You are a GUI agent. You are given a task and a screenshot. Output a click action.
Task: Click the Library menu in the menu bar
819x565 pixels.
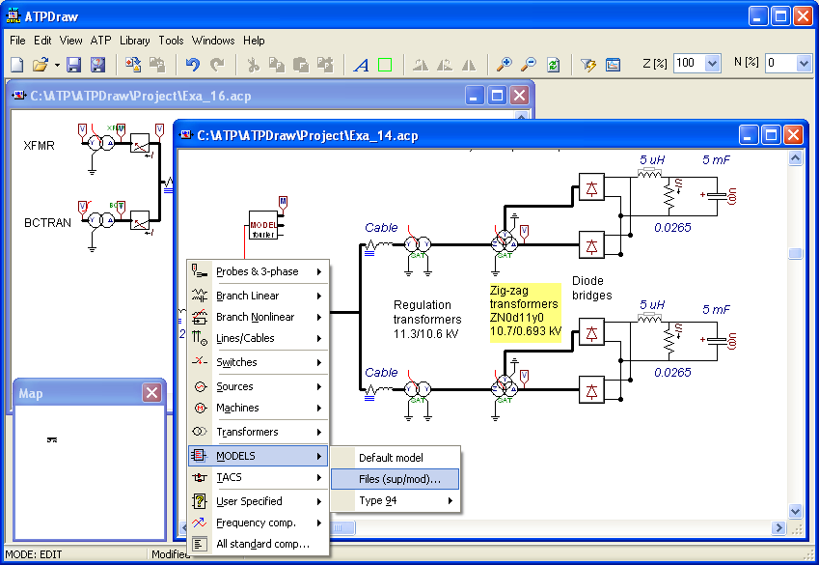134,41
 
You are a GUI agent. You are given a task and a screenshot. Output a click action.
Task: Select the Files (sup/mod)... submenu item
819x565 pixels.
399,479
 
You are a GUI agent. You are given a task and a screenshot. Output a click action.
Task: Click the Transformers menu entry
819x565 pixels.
247,432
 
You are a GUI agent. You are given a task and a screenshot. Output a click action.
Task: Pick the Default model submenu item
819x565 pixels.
391,457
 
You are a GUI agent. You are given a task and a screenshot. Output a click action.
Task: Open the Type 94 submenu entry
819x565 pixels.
378,500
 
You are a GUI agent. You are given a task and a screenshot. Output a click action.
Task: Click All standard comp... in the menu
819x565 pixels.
262,544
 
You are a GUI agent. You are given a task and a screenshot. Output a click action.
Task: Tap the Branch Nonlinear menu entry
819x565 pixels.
255,317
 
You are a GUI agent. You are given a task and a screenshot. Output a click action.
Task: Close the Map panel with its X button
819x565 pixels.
151,393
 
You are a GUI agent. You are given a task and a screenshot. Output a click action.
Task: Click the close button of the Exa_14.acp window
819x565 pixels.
793,135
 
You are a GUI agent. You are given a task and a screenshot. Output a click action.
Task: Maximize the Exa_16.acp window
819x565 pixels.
497,95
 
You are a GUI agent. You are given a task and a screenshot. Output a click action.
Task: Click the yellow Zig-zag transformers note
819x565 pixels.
525,311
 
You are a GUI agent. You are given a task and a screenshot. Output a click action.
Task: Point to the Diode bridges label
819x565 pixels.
592,288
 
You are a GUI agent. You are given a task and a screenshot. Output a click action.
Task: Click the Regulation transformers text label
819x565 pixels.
427,319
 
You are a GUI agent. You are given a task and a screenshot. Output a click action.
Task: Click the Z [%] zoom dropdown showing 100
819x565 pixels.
696,64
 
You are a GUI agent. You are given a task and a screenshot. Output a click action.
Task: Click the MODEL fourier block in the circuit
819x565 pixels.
262,224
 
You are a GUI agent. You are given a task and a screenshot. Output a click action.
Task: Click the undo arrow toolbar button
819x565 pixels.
192,65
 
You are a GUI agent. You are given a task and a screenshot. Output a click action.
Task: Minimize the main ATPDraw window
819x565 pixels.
758,15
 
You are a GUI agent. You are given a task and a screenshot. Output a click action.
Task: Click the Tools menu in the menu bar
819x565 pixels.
171,41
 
